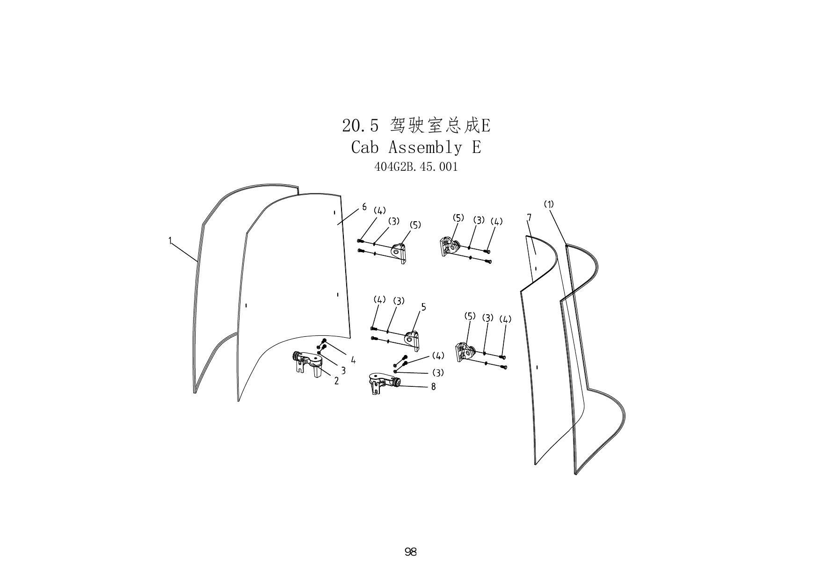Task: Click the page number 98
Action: [410, 552]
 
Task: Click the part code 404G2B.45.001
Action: [416, 167]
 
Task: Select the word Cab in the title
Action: [364, 147]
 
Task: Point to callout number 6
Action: [364, 207]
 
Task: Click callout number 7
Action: [529, 217]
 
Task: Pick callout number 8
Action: [433, 387]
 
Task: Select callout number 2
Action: [336, 381]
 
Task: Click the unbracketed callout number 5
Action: [423, 307]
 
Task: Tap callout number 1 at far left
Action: [170, 241]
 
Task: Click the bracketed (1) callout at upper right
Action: [549, 204]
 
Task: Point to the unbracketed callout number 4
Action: [353, 360]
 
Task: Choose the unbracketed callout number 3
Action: [343, 370]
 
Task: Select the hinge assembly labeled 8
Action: [384, 383]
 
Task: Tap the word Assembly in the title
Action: [425, 147]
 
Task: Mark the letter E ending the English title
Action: [476, 147]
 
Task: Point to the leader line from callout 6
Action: [348, 217]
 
